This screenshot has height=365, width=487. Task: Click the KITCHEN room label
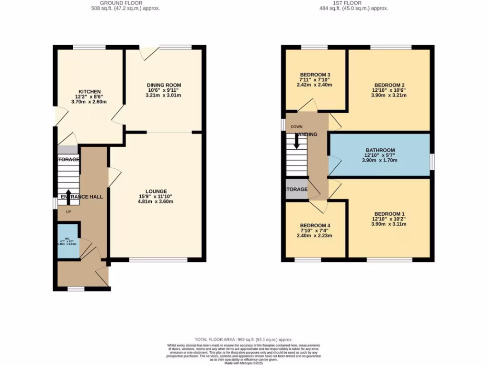point(90,91)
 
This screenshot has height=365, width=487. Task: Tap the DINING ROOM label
point(164,85)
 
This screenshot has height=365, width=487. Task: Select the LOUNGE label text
point(156,191)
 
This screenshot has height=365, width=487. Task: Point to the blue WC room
point(68,241)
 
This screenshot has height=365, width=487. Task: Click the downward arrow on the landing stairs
point(297,141)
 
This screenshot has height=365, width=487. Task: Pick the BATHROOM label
point(380,149)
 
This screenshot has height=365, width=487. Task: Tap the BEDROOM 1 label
point(390,213)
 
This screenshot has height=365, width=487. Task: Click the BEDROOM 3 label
point(315,75)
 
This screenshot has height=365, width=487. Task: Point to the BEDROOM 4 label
point(315,225)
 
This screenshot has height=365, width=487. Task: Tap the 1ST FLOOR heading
point(354,3)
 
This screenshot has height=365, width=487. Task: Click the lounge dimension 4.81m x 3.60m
point(156,202)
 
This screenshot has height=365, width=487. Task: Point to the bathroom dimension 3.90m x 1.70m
point(380,160)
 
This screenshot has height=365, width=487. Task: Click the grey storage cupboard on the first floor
point(296,190)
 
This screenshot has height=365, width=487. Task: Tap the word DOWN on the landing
point(296,127)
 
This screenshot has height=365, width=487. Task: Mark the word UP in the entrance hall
point(68,212)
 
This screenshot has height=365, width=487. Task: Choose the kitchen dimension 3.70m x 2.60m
point(90,102)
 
